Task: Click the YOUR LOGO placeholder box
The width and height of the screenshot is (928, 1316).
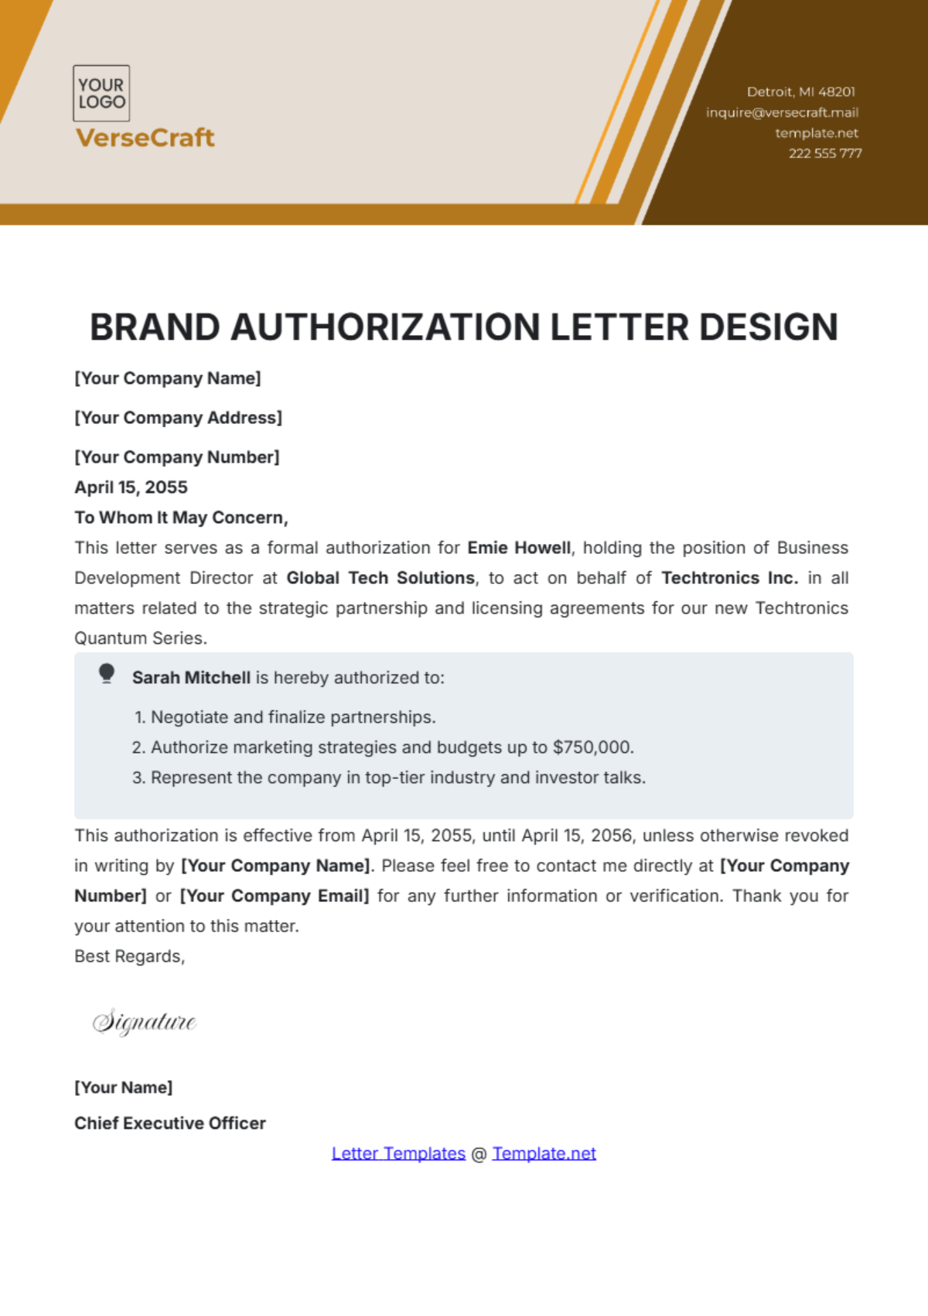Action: pyautogui.click(x=101, y=94)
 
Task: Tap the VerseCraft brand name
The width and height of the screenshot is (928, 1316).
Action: pyautogui.click(x=145, y=138)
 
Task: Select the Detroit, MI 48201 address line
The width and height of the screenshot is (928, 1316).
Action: pyautogui.click(x=800, y=92)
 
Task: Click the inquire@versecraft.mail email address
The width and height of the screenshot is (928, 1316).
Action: pyautogui.click(x=782, y=112)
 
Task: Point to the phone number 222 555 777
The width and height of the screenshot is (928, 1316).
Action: pyautogui.click(x=825, y=153)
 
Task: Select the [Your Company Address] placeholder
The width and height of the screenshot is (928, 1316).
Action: pyautogui.click(x=178, y=418)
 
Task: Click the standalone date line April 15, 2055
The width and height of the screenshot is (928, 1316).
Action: pyautogui.click(x=131, y=487)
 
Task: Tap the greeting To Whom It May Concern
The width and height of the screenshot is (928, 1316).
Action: pyautogui.click(x=181, y=518)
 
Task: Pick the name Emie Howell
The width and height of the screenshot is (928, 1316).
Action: pyautogui.click(x=519, y=548)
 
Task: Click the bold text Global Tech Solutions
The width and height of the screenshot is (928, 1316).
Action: pyautogui.click(x=380, y=578)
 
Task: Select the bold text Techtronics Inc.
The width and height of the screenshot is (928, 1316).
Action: pyautogui.click(x=729, y=578)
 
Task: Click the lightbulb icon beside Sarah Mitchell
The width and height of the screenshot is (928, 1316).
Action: pyautogui.click(x=107, y=674)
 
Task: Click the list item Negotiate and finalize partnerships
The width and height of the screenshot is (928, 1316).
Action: pyautogui.click(x=293, y=717)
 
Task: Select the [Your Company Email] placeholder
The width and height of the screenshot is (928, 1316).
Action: pyautogui.click(x=275, y=896)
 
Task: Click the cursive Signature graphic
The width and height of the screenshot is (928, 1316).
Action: pyautogui.click(x=145, y=1022)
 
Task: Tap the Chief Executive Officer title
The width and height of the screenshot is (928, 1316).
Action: pyautogui.click(x=170, y=1123)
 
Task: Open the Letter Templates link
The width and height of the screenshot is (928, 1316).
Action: pyautogui.click(x=398, y=1154)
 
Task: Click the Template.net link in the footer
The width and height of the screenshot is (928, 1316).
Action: pyautogui.click(x=544, y=1154)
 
